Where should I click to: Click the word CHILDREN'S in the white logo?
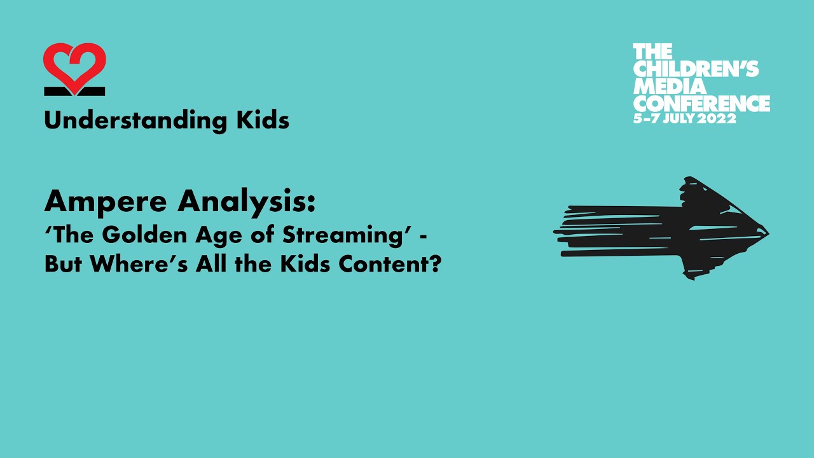click(696, 68)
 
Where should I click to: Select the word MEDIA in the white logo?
click(670, 85)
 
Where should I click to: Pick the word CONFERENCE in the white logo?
click(701, 102)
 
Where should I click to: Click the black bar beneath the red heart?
click(74, 92)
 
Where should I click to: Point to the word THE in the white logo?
click(652, 52)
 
